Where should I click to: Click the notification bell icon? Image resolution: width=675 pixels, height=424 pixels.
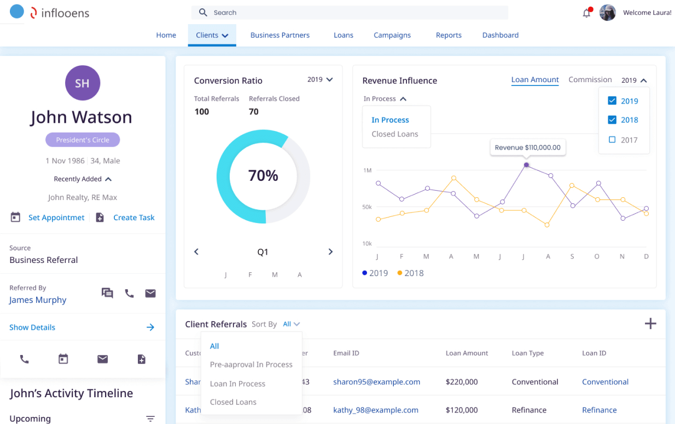tap(586, 13)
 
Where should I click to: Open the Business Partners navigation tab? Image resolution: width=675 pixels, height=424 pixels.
tap(280, 35)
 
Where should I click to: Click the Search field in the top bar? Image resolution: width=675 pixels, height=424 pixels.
tap(350, 13)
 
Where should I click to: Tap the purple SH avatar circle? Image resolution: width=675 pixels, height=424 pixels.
tap(82, 83)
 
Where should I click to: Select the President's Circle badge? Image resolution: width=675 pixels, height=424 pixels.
tap(83, 140)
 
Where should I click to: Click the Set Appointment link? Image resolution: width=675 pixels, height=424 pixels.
tap(56, 217)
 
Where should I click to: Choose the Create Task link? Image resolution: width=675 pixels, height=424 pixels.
tap(133, 217)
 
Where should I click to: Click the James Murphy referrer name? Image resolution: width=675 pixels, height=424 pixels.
tap(38, 300)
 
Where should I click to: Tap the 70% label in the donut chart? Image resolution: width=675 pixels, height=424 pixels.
tap(263, 176)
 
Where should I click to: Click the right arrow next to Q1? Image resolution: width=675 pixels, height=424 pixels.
tap(330, 252)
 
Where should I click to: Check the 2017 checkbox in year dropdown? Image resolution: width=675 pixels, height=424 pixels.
tap(612, 140)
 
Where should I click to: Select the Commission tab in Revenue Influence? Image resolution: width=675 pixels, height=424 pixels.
tap(590, 80)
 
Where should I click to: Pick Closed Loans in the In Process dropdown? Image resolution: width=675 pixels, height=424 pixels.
tap(394, 134)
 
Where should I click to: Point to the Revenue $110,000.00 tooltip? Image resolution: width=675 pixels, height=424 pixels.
tap(527, 147)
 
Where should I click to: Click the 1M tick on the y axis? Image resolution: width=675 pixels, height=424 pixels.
tap(368, 170)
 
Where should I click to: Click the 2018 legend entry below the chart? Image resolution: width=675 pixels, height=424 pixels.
tap(410, 273)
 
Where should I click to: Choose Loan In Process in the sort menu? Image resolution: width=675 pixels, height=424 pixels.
tap(237, 383)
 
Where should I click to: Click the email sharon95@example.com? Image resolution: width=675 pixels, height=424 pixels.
tap(376, 382)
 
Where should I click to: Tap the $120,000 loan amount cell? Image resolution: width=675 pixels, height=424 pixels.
tap(461, 410)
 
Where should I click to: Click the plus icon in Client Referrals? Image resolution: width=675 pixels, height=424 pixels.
tap(650, 324)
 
